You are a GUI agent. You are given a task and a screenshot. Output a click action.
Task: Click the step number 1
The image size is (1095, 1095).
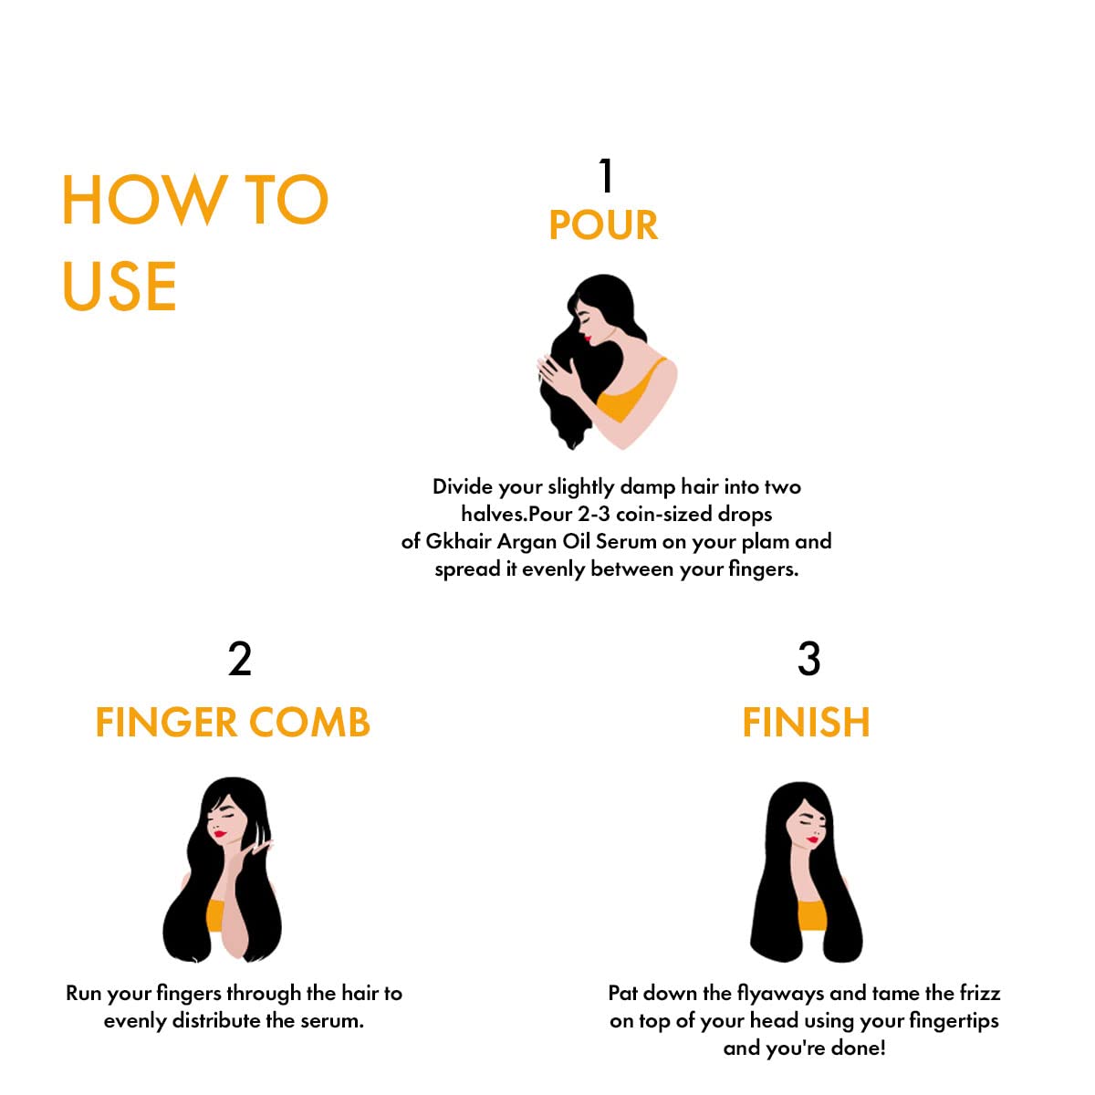click(606, 175)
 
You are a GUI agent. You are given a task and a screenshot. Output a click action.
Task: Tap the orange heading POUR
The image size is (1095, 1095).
click(603, 225)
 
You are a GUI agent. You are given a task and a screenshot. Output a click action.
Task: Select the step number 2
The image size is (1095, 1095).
click(240, 659)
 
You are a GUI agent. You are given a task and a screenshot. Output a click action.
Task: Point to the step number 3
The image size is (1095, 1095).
click(808, 659)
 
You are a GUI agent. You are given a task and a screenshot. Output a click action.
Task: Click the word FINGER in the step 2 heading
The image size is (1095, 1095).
click(165, 723)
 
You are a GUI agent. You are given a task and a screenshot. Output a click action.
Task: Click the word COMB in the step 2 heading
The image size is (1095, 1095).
click(309, 723)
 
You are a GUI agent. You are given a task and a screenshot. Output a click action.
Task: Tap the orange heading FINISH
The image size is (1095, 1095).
click(806, 723)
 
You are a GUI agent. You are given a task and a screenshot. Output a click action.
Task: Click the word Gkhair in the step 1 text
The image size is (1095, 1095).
click(458, 541)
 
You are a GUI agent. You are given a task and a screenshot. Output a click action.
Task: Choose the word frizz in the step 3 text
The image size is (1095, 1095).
click(980, 993)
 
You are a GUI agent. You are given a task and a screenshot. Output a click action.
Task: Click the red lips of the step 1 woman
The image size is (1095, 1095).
click(589, 339)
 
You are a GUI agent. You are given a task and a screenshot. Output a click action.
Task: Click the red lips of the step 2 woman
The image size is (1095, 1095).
click(219, 834)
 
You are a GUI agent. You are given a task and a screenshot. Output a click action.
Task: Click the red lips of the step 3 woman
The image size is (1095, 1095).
click(813, 839)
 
